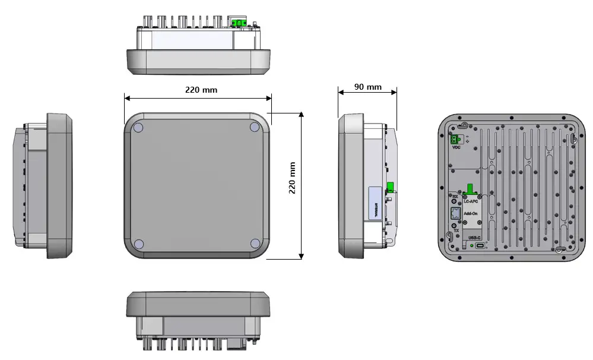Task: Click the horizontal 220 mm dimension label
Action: pos(200,90)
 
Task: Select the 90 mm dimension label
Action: pos(368,87)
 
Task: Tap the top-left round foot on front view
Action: pos(138,127)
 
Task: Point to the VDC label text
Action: pos(456,148)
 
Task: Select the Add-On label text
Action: pos(471,212)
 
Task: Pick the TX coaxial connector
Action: pos(455,226)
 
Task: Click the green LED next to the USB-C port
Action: pos(471,246)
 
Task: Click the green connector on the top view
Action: pos(240,23)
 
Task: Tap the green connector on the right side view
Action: pos(391,187)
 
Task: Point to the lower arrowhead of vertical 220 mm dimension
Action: pos(302,256)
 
